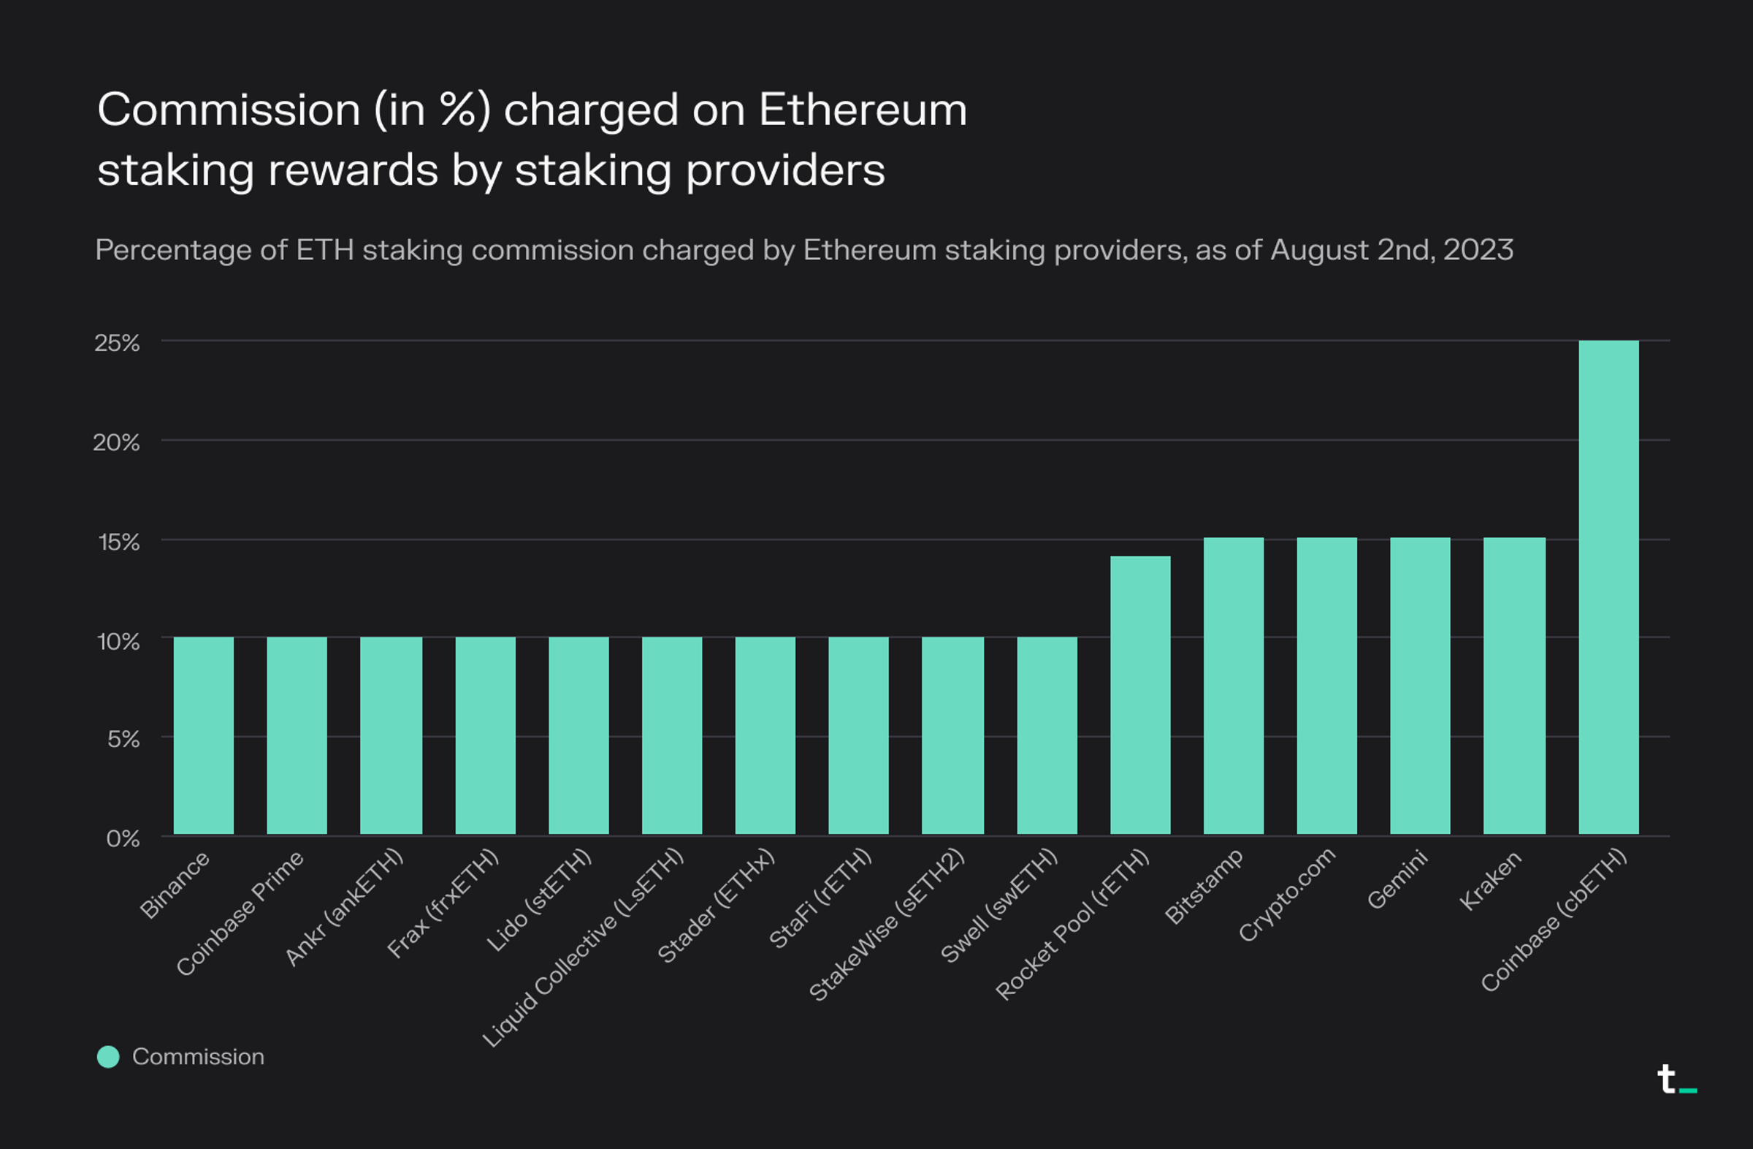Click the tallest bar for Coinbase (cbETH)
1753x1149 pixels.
coord(1608,587)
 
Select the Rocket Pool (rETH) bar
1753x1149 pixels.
coord(1139,694)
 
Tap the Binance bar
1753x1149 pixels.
coord(203,735)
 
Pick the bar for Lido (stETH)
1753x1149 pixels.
coord(578,735)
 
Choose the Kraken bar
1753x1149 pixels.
coord(1513,686)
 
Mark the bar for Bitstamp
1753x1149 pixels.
coord(1233,686)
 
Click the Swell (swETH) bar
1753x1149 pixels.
coord(1047,735)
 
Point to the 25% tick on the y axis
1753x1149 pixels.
coord(116,343)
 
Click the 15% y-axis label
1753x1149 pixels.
coord(118,542)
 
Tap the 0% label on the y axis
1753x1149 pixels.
coord(122,838)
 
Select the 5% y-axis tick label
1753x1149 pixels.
coord(123,739)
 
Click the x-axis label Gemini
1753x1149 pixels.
coord(1397,880)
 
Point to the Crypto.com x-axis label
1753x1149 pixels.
coord(1287,894)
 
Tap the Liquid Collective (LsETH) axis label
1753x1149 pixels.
coord(583,948)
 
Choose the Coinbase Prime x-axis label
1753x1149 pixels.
coord(240,913)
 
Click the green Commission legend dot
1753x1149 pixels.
coord(108,1056)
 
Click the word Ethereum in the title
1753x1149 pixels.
coord(863,110)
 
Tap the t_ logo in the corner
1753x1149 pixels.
coord(1675,1080)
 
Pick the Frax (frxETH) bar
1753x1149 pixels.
coord(486,735)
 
